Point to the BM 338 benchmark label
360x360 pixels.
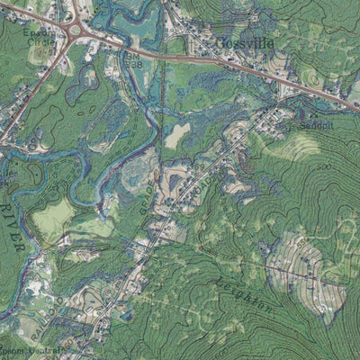pos(134,61)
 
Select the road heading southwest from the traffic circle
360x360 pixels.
pos(36,90)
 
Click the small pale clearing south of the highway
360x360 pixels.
pos(178,133)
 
